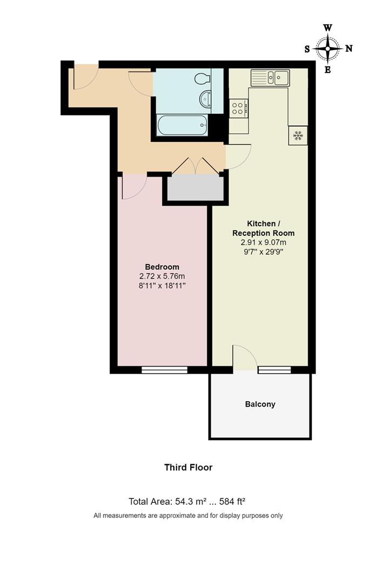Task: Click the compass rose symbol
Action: (328, 49)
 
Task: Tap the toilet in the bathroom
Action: (203, 79)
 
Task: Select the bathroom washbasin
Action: (206, 99)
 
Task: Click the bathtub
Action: (181, 126)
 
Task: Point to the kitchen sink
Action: (270, 78)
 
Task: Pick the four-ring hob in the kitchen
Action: (238, 108)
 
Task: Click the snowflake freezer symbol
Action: (298, 135)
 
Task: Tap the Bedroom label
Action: (162, 267)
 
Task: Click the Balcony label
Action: (260, 404)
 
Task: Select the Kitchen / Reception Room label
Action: (263, 228)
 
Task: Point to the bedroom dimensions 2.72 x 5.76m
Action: (162, 276)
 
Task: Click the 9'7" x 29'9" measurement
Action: (263, 252)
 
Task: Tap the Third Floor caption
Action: (189, 467)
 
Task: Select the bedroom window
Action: (165, 370)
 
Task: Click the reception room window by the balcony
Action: (274, 370)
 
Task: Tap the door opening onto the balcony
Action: (244, 358)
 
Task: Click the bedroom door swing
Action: (132, 186)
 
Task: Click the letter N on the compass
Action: (349, 49)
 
